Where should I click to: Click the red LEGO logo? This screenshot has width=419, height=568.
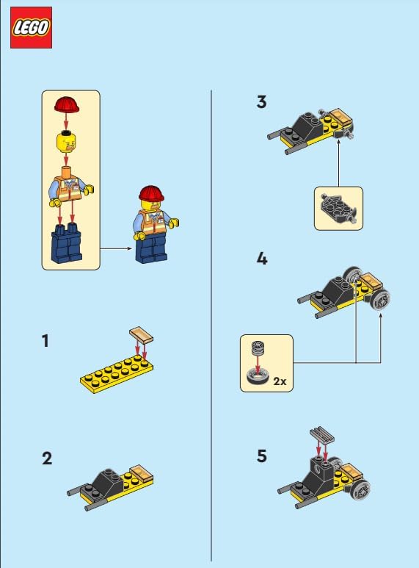pos(31,28)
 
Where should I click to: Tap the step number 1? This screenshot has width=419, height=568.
pos(45,342)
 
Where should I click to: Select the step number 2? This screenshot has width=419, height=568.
pos(47,459)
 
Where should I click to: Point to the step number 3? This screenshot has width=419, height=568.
pos(262,101)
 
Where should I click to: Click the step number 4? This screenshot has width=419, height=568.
pos(262,259)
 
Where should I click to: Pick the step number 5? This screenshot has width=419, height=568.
pos(262,456)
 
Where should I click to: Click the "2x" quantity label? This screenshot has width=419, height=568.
pos(279,382)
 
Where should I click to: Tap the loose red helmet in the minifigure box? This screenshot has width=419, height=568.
pos(66,104)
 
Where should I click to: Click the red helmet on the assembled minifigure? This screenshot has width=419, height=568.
pos(152,194)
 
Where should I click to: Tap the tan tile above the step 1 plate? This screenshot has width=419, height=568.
pos(141,334)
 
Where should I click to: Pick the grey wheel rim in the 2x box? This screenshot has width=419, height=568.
pos(258,348)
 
